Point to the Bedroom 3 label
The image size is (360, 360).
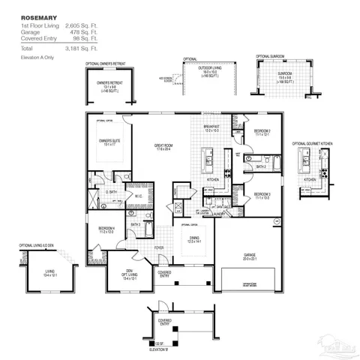[x=262, y=193]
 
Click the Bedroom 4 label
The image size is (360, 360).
[x=106, y=229]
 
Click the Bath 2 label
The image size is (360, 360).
[x=260, y=167]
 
